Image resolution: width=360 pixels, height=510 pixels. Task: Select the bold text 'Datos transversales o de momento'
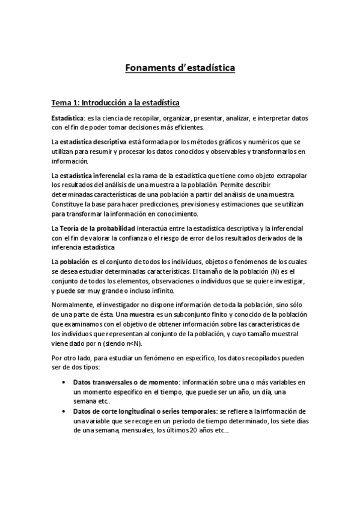tap(126, 382)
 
